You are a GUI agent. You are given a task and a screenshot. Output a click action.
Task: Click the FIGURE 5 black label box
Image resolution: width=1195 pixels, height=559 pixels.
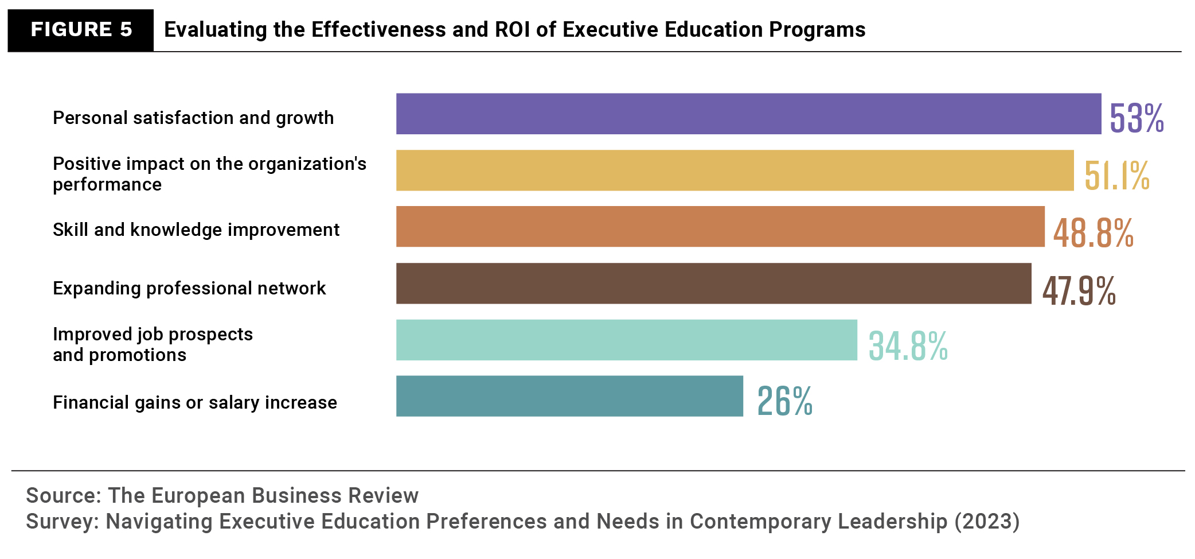pos(81,30)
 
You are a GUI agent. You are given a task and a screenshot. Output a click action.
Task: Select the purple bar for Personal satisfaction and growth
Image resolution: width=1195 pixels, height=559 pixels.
pos(748,114)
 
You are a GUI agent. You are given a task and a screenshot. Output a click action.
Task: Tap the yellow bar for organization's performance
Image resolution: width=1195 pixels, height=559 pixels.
pos(735,170)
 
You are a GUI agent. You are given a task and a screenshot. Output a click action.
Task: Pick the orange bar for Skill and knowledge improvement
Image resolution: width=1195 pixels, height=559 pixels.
pos(720,227)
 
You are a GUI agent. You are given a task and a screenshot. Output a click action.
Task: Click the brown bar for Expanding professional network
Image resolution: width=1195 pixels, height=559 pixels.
pos(713,284)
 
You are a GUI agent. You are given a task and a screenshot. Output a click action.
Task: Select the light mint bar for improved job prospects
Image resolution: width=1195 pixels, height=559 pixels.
pos(626,340)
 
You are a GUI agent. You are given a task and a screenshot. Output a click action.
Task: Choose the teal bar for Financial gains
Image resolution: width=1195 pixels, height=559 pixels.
pos(569,396)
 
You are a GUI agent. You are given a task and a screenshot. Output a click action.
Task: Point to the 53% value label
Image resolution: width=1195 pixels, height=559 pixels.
pos(1137,118)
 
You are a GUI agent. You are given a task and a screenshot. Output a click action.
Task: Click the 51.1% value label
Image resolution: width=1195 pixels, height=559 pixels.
pos(1116,175)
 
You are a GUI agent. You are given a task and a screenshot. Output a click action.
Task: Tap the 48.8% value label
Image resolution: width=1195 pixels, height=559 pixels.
pos(1093,232)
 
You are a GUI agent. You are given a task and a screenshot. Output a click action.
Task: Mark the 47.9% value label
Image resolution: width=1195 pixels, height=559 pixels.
pos(1079,290)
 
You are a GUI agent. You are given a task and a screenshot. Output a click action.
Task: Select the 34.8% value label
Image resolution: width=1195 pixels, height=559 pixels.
pos(908,346)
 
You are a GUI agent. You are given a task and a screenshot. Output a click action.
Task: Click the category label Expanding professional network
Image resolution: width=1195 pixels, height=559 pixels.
pos(189,288)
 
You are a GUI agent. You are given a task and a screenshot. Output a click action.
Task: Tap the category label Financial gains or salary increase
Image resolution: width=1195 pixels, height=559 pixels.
pos(195,402)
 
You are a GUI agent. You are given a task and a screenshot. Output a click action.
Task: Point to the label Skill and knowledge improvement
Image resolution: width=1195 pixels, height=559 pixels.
pos(196,230)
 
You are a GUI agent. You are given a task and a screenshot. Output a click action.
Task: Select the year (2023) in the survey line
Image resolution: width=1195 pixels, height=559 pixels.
pos(987,521)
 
